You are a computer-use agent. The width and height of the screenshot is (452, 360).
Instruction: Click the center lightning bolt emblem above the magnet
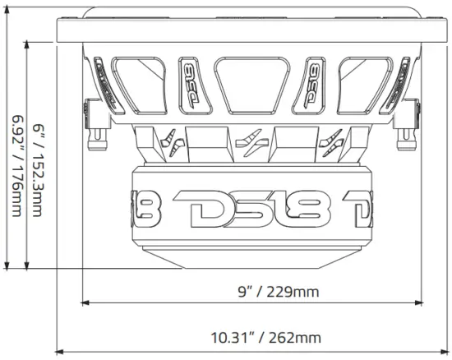(x=253, y=144)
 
